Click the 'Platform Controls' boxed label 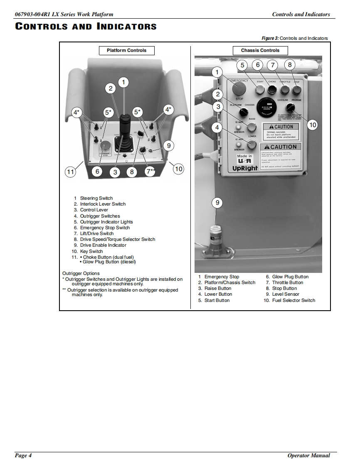126,51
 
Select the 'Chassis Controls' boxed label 260,51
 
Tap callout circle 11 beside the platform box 71,171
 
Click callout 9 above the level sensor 217,203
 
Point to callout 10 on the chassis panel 313,125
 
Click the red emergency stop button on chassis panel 239,88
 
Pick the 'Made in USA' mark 245,159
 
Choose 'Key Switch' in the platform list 91,251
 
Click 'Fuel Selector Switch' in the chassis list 293,300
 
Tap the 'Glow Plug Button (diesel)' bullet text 109,262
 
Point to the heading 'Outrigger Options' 81,273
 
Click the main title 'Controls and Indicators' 86,27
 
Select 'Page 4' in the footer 23,456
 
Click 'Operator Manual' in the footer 308,456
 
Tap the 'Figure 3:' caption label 270,38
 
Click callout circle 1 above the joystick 123,82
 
